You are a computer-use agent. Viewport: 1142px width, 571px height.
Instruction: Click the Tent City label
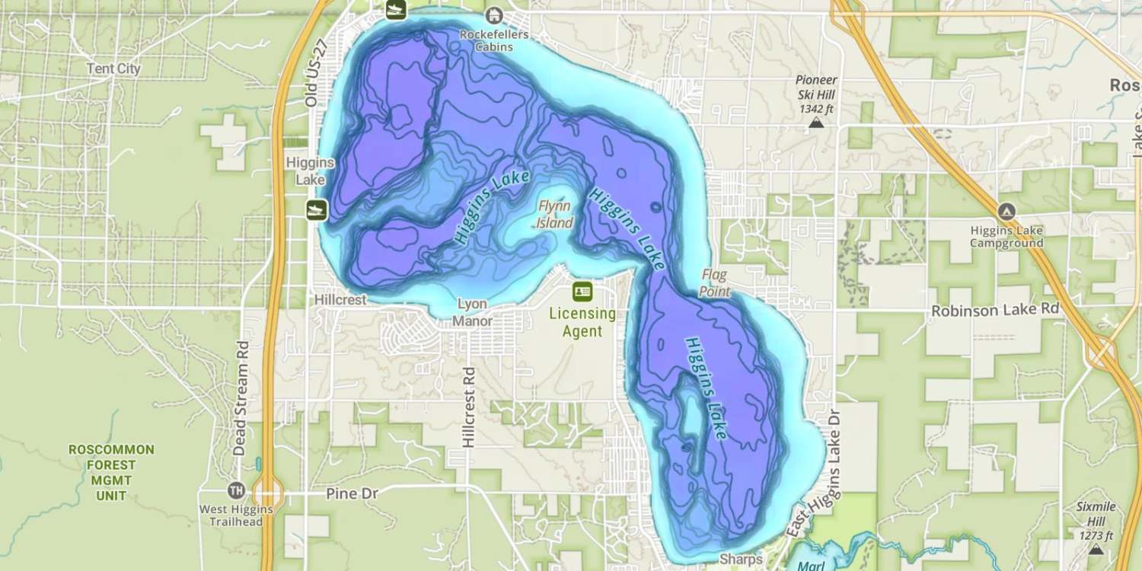(x=113, y=69)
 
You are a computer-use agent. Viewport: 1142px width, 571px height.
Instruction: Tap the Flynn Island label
(x=555, y=215)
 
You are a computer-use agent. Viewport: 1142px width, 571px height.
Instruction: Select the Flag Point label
(x=715, y=282)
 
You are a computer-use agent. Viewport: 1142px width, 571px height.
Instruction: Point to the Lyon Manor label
(x=472, y=312)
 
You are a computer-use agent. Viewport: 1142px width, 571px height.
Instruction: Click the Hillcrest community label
(x=340, y=300)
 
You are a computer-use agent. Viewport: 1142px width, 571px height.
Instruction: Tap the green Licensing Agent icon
(x=582, y=291)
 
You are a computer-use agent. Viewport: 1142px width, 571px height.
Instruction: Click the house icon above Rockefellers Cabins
(x=495, y=15)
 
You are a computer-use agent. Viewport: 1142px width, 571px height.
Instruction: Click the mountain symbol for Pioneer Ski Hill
(x=816, y=122)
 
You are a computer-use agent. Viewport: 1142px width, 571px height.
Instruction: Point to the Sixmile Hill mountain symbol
(x=1096, y=549)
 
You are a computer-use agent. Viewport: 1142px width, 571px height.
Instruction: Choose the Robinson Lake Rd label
(x=996, y=310)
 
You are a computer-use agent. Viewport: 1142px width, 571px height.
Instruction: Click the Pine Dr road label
(x=352, y=493)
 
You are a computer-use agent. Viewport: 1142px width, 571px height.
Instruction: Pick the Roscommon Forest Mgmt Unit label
(x=111, y=472)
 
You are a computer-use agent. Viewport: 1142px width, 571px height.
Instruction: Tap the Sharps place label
(x=741, y=560)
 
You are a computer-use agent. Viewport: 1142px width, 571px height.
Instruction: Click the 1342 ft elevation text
(x=816, y=109)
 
